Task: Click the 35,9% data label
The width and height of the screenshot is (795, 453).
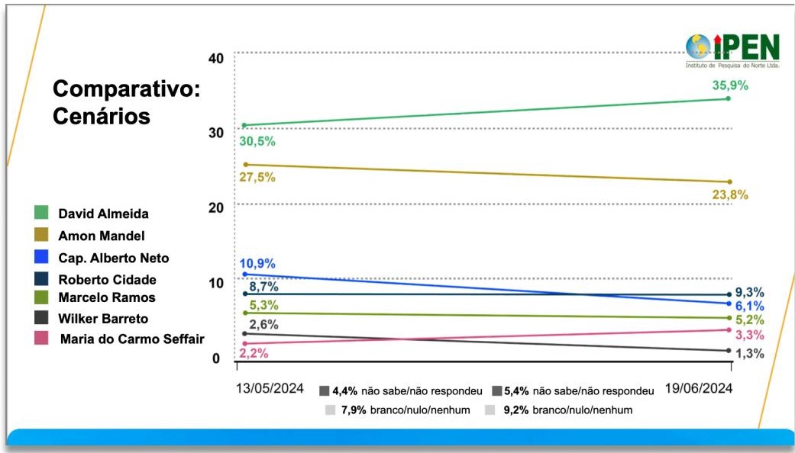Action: point(729,85)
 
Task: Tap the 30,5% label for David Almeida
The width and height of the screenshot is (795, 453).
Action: point(258,142)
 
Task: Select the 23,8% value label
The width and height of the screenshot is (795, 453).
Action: point(729,194)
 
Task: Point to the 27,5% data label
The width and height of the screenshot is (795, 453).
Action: point(258,178)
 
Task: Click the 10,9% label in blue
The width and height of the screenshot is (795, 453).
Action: point(259,264)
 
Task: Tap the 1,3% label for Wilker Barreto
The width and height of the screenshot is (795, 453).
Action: point(749,353)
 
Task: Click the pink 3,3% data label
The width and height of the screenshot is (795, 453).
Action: point(749,335)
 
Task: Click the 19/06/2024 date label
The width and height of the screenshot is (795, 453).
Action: point(698,389)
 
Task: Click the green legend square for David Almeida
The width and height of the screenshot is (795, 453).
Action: point(41,214)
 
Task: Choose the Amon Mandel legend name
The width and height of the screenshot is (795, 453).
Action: point(102,236)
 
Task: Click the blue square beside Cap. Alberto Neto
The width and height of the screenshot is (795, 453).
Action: point(41,258)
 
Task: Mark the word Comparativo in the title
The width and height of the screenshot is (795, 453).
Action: point(126,89)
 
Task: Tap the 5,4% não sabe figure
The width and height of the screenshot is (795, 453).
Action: point(517,391)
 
